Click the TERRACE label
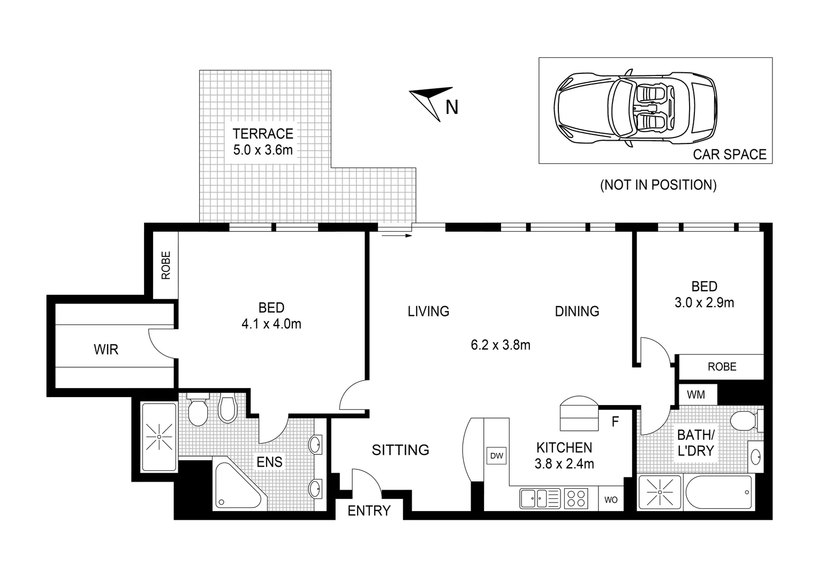click(x=263, y=133)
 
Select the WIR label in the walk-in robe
click(x=106, y=350)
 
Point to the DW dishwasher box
click(x=496, y=456)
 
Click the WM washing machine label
click(x=696, y=395)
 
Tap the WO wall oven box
click(x=611, y=500)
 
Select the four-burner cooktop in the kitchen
click(x=577, y=499)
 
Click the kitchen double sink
click(x=539, y=499)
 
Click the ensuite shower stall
click(x=158, y=437)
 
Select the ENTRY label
click(x=369, y=511)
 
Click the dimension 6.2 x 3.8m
click(x=501, y=345)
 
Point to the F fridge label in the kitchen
click(x=615, y=422)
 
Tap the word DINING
click(x=577, y=311)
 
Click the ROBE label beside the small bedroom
click(x=722, y=367)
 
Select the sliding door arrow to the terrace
click(x=395, y=234)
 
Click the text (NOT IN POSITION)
click(x=658, y=185)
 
